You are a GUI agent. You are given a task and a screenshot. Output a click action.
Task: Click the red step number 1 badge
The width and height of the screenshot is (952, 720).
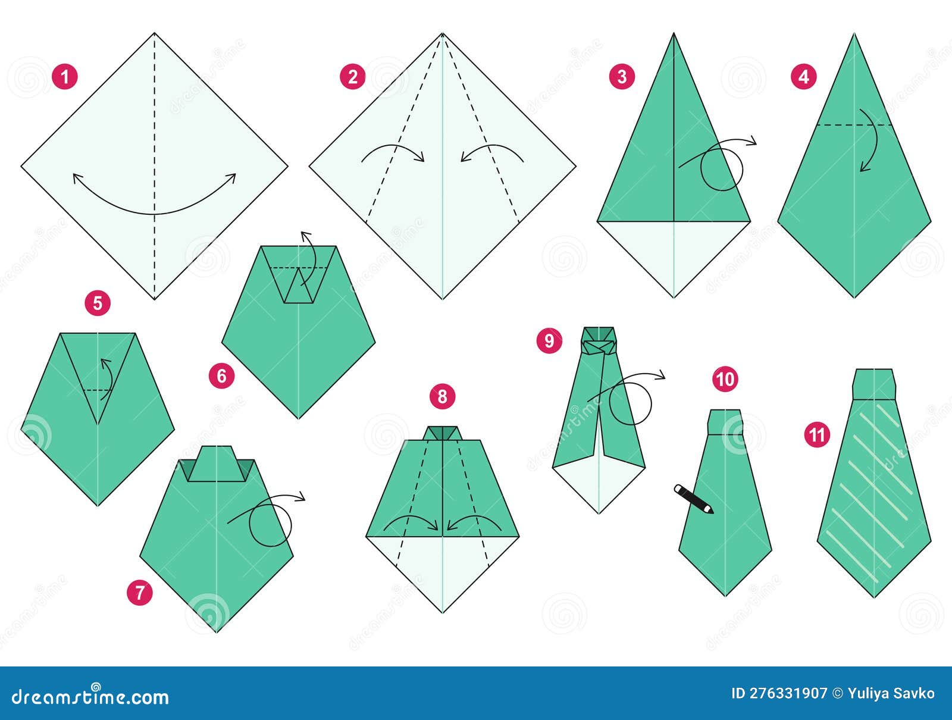pos(64,77)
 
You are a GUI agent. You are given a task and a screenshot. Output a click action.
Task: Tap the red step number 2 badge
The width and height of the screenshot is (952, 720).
pos(353,77)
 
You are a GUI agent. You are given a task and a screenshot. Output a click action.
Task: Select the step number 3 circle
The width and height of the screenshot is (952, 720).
pos(622,77)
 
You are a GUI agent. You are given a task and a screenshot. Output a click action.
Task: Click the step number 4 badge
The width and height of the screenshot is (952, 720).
pos(804,77)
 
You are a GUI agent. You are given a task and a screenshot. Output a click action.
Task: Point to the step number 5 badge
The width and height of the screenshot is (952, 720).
pos(98,303)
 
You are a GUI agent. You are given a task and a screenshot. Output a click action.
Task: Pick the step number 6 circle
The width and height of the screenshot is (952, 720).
pos(222,376)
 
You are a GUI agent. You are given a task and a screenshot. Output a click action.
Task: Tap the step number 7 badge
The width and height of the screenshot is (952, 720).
pos(140,593)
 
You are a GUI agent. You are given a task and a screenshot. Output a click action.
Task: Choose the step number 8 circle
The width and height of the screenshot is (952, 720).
pos(442,396)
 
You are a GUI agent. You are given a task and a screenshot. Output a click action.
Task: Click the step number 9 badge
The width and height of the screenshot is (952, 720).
pos(549,340)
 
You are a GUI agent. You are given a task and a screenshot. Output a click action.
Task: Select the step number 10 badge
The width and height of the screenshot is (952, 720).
pos(725,379)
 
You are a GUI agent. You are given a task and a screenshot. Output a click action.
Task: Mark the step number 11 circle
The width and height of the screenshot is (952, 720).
pos(817,435)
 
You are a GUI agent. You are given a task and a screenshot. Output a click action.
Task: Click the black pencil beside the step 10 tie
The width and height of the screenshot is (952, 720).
pos(693,499)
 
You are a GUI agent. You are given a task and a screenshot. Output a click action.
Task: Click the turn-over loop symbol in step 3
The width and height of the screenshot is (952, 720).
pos(722,169)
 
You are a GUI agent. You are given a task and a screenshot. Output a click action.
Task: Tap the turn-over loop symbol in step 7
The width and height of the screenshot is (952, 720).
pos(271,524)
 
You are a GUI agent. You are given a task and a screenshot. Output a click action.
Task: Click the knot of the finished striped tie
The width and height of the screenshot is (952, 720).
pos(873,384)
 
